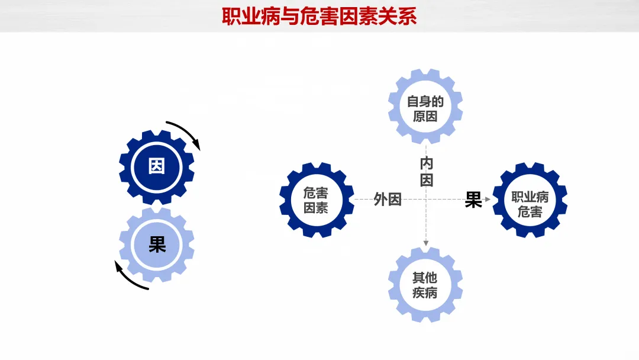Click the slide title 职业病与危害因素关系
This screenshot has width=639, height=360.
click(319, 16)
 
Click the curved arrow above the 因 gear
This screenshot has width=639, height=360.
click(185, 133)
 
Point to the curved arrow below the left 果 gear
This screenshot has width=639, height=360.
click(129, 278)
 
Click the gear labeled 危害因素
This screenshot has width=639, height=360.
click(316, 200)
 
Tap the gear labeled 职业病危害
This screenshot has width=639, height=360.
click(530, 200)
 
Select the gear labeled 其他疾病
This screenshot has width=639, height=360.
click(425, 285)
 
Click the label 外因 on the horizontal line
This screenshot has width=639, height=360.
click(388, 200)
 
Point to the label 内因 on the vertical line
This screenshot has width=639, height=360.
click(427, 172)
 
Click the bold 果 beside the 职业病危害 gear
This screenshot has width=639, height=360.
click(473, 200)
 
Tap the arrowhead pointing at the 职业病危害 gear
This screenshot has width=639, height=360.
click(488, 200)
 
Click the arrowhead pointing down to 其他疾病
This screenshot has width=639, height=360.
click(425, 243)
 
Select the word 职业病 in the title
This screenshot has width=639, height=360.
click(241, 16)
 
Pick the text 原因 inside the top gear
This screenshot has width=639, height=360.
click(425, 116)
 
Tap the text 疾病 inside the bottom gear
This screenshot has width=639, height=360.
click(425, 292)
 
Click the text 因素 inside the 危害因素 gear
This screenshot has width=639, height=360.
click(316, 208)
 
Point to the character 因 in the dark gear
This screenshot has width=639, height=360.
click(157, 166)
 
